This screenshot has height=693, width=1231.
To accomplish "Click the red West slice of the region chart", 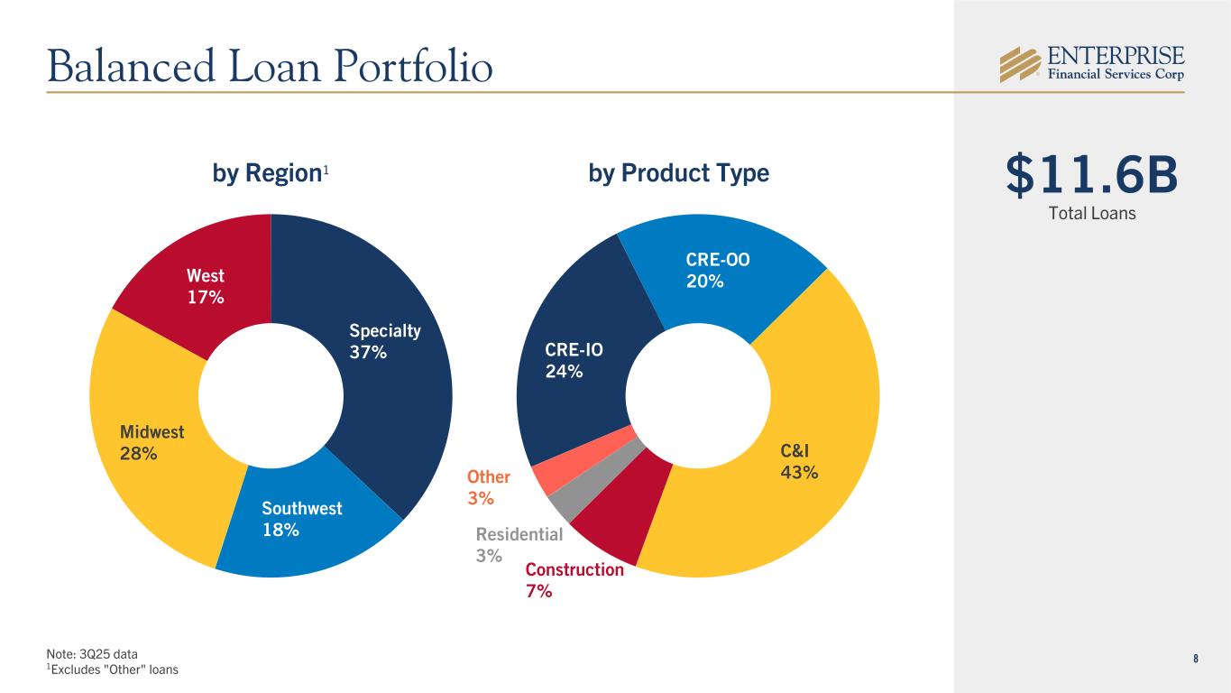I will coord(198,280).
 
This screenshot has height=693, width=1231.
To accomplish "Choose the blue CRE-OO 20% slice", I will coord(721,271).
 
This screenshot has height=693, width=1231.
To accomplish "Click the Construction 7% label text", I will coord(574,580).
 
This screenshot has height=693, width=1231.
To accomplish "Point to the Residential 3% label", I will coord(519,545).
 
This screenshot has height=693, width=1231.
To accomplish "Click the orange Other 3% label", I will coord(488,487).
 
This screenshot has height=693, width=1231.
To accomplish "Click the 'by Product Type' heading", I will coord(678,173).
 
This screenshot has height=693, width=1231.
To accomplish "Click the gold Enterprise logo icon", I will coord(1020,63).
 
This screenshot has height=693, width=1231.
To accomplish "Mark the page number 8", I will coord(1196,658).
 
